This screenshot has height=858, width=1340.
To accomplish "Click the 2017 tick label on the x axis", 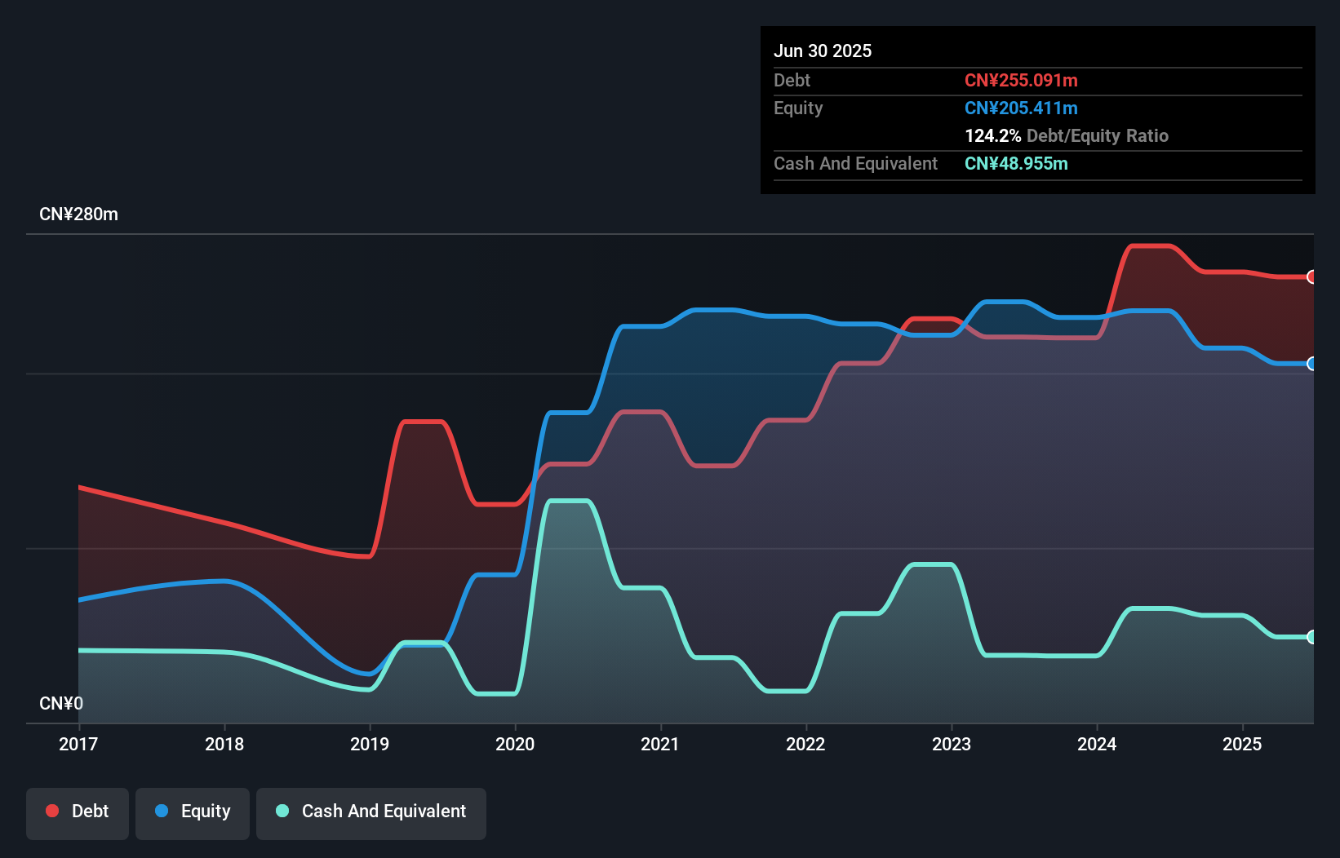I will pos(78,744).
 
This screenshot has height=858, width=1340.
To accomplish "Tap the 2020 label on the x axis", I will pos(515,744).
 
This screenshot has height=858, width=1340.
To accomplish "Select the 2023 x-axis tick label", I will pos(952,744).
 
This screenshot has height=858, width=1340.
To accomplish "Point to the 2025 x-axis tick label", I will pos(1242,744).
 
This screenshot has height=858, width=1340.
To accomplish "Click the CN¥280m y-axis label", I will pos(78,214).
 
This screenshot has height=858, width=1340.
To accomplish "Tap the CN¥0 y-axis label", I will pos(61,703).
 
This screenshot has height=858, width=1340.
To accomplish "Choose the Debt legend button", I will pos(78,812).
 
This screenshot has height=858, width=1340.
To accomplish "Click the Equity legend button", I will pos(193,812).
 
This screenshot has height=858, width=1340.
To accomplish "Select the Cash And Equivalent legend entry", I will pos(371,812).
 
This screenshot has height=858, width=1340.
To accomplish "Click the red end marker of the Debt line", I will pos(1311,277).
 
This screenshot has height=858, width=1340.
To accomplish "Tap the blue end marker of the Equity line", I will pos(1311,364).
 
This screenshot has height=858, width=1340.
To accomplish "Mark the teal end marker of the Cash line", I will pos(1311,637).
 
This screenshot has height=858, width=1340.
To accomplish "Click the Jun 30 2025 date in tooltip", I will pos(823,51).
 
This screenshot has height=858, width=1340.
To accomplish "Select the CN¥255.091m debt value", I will pos(1021,80).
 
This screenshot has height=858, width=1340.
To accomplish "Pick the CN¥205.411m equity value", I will pos(1021,108).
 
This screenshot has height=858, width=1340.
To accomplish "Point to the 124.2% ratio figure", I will pos(993,135).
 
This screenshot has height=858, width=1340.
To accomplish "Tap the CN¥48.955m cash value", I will pos(1016,163).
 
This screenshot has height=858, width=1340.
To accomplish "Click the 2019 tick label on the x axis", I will pos(370,744).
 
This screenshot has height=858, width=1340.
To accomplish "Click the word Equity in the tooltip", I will pos(798,108).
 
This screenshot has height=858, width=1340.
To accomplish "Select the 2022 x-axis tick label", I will pos(805,744).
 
